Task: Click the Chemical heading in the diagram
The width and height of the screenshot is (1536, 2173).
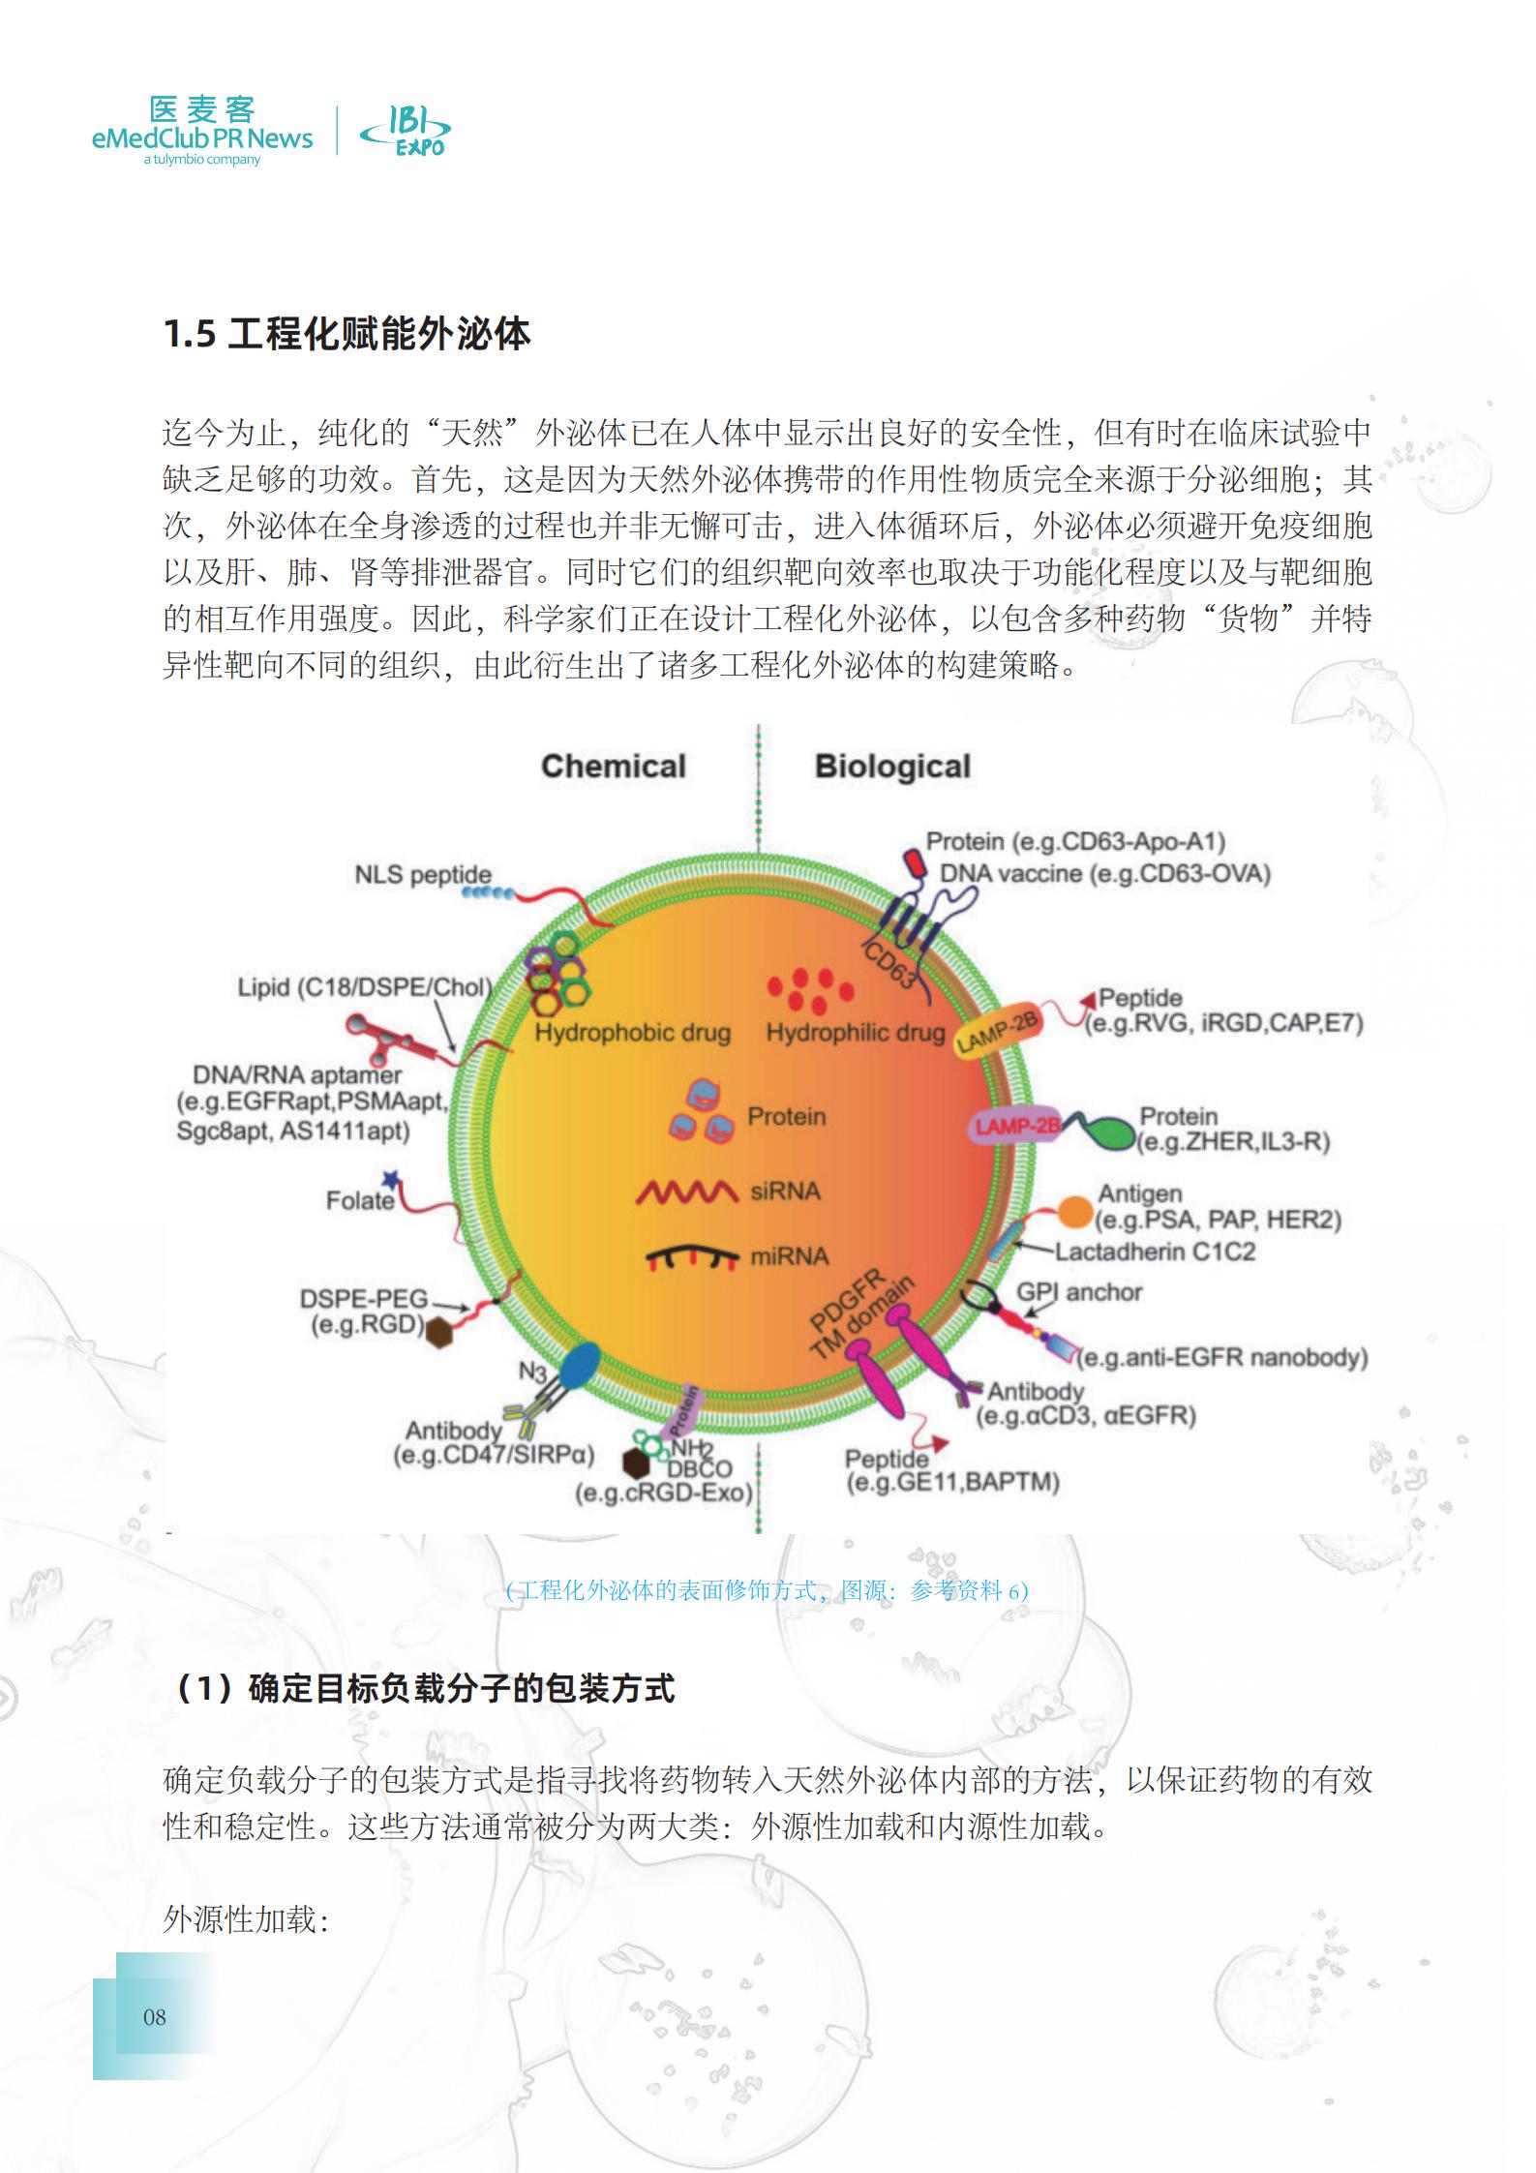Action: [613, 767]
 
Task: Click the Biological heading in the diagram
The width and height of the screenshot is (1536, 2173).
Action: [892, 767]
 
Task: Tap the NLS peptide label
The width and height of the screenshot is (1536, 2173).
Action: [423, 875]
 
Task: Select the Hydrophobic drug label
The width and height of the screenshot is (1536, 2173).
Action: [632, 1033]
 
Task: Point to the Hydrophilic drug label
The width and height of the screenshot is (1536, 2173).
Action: [855, 1033]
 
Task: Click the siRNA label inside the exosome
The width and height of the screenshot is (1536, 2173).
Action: [785, 1191]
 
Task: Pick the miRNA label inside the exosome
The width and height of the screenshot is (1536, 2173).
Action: [790, 1256]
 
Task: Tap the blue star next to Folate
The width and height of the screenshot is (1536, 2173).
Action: [391, 1179]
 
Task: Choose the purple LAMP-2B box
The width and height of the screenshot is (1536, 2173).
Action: [1017, 1126]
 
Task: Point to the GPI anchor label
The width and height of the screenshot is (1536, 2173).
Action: [1079, 1292]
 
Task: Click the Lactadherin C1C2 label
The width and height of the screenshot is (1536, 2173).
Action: [1155, 1252]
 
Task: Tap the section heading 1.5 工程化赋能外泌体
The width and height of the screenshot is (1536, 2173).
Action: [346, 335]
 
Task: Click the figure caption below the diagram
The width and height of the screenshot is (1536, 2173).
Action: [767, 1590]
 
